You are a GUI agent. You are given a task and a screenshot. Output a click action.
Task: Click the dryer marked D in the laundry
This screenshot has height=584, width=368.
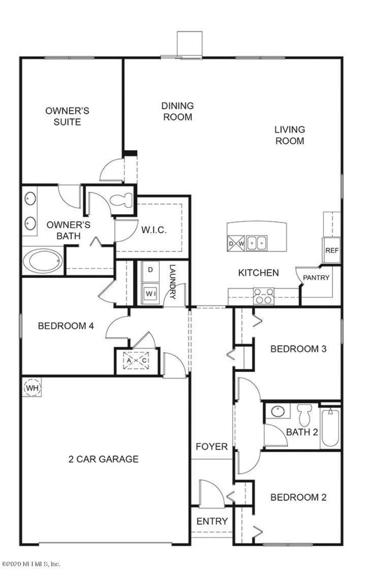coord(150,270)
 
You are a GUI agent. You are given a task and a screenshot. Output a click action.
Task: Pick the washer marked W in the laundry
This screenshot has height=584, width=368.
coord(150,294)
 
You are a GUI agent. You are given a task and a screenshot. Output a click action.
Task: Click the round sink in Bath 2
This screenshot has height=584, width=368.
coord(277,411)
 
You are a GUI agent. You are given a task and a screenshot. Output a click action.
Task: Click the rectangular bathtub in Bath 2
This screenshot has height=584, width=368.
coord(330,427)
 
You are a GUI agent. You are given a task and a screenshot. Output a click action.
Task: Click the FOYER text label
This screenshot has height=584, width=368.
coord(212,446)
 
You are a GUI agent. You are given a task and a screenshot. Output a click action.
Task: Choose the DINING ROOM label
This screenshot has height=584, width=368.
coord(177,111)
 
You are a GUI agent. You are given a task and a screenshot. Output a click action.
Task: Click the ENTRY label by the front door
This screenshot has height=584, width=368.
coord(212,521)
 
